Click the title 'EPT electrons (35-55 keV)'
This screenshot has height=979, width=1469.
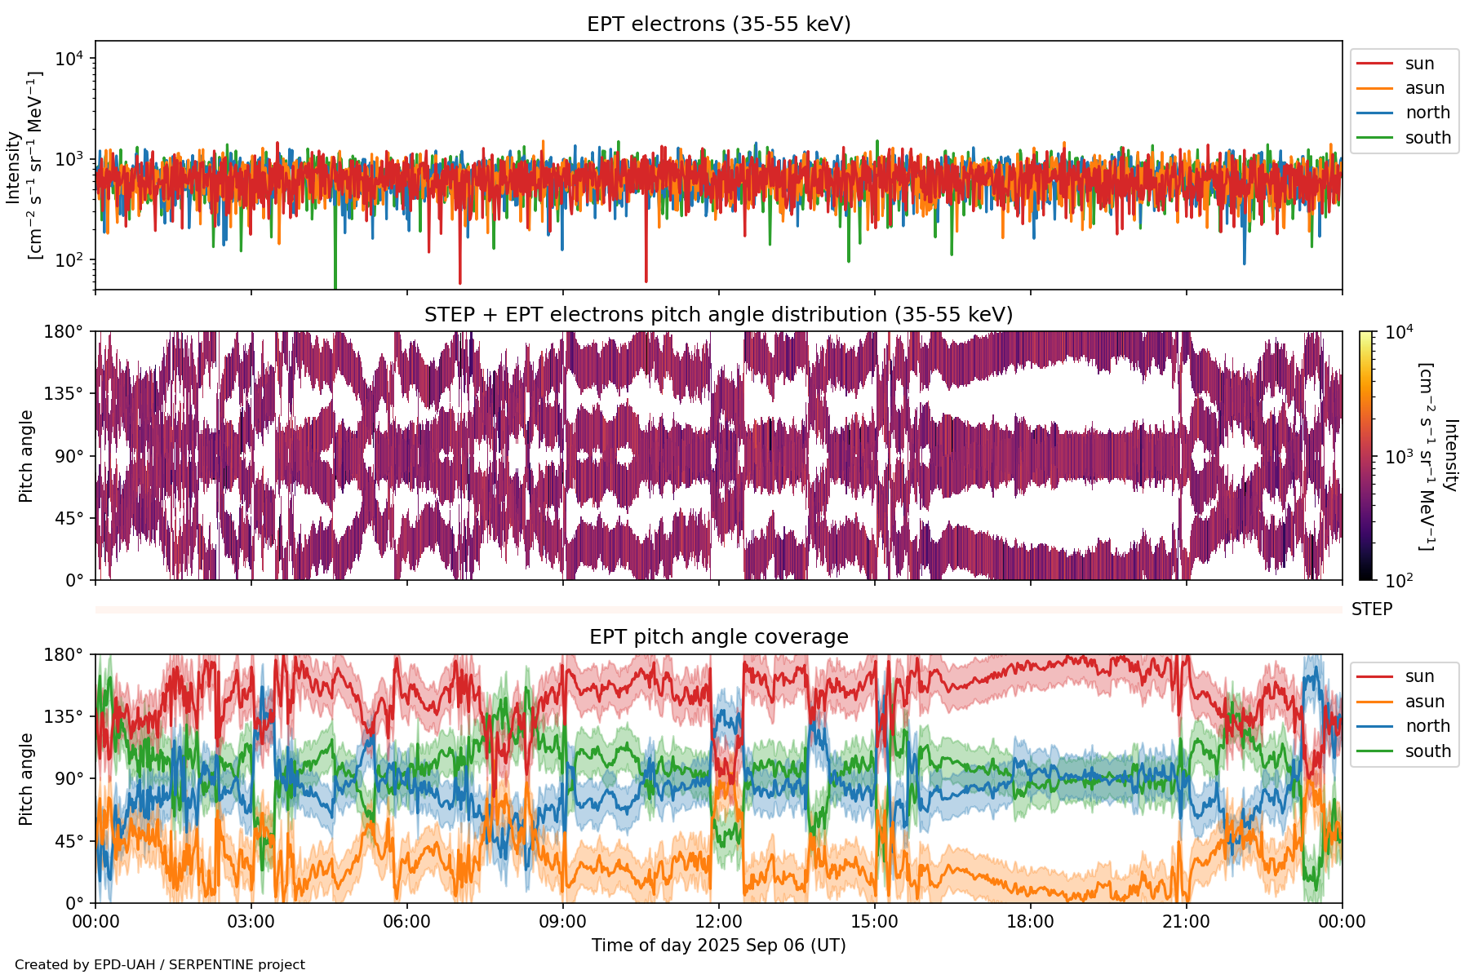point(718,24)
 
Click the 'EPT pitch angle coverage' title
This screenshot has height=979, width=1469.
point(718,637)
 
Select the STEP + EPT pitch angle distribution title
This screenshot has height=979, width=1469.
point(718,315)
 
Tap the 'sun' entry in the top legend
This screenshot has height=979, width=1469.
point(1419,64)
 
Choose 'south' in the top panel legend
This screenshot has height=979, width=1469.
point(1427,138)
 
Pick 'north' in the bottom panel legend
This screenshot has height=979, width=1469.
point(1427,726)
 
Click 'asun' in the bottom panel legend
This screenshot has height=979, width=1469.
point(1424,702)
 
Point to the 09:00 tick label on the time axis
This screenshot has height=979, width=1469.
point(563,922)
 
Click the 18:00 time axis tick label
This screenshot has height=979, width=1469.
point(1031,922)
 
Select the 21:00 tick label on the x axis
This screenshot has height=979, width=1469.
point(1187,922)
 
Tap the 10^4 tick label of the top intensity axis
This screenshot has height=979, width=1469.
point(69,59)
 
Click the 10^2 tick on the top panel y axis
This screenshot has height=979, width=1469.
point(69,260)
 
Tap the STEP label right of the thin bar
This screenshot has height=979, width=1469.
point(1372,609)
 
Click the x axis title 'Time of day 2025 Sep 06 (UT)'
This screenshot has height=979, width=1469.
point(718,946)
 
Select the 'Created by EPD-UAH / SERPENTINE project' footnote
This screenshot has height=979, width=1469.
point(160,965)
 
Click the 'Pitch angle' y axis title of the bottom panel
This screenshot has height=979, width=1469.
point(26,778)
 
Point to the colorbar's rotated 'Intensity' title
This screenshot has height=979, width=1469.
point(1449,455)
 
